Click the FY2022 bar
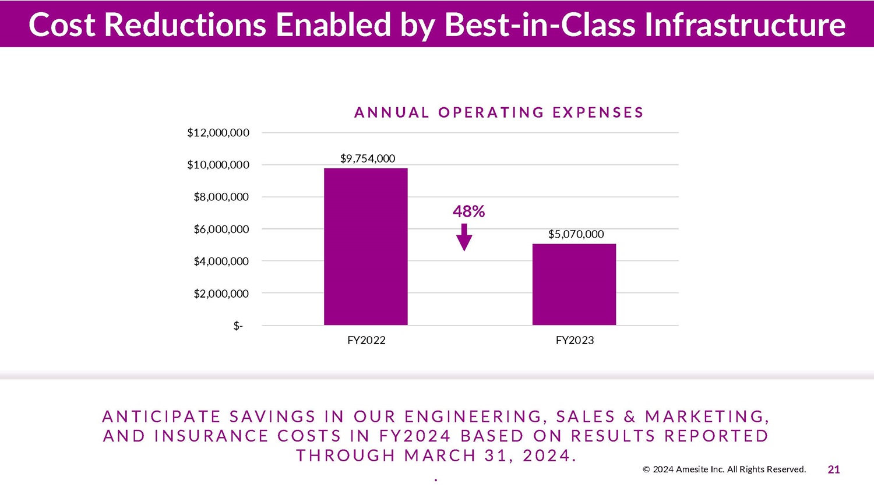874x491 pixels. click(x=365, y=246)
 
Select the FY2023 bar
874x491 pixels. click(x=574, y=284)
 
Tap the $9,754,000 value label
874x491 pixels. click(x=368, y=158)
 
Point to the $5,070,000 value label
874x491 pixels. click(x=576, y=234)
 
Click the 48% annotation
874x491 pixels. click(x=468, y=211)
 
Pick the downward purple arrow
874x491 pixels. click(x=464, y=237)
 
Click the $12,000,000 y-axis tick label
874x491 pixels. click(x=218, y=133)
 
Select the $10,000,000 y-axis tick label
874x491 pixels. click(x=218, y=165)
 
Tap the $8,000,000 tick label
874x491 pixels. click(x=221, y=197)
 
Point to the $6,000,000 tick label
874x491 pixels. click(x=221, y=229)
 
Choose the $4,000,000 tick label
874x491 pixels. click(x=221, y=262)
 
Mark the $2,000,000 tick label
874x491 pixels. click(x=221, y=294)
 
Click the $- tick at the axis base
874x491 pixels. click(x=238, y=326)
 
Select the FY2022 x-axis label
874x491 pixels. click(x=366, y=340)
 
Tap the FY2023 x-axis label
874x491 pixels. click(x=575, y=340)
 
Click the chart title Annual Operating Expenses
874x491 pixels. click(x=499, y=112)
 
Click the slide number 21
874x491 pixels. click(x=834, y=469)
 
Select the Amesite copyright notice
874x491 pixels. click(x=724, y=469)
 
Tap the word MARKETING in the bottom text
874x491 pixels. click(x=707, y=416)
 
